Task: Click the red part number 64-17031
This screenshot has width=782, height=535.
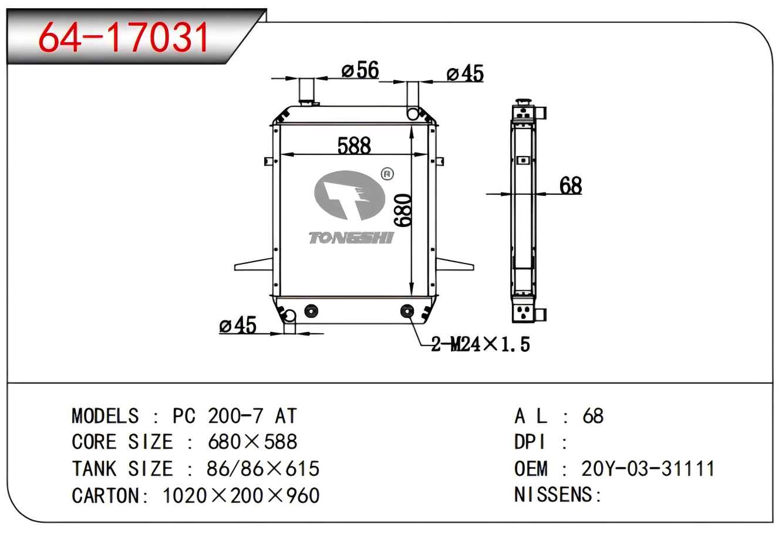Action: pos(124,37)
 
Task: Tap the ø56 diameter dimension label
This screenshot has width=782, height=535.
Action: pos(360,69)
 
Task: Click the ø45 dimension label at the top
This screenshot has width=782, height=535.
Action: pos(465,73)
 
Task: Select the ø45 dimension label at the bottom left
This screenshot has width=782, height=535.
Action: pos(238,325)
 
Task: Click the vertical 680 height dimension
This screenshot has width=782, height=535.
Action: pos(402,210)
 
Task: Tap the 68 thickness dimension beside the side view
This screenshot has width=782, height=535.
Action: pos(571,185)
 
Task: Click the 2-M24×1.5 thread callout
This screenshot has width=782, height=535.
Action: pos(480,344)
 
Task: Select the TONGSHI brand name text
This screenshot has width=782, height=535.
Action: pos(351,238)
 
